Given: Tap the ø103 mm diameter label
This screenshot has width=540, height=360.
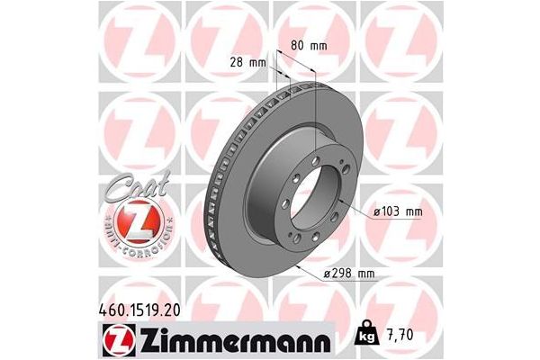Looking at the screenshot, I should (397, 212).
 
